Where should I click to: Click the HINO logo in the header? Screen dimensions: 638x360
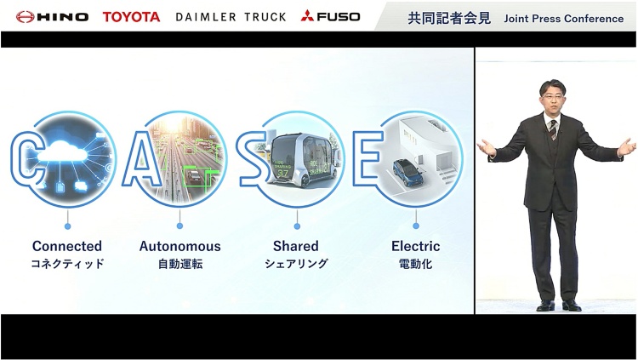[x=52, y=17]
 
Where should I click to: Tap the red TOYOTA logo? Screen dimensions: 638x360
[x=131, y=17]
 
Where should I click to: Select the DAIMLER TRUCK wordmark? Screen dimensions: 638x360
[x=231, y=17]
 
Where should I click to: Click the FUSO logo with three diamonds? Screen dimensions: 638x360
[x=330, y=16]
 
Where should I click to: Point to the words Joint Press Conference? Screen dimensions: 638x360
[x=563, y=19]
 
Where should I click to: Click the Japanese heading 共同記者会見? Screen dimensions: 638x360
[x=449, y=19]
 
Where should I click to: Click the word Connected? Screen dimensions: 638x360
[x=67, y=246]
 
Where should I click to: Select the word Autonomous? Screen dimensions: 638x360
[x=179, y=246]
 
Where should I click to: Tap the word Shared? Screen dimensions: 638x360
[x=296, y=246]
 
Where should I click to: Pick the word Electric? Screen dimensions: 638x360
[x=415, y=246]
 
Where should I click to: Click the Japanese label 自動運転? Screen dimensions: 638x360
[x=180, y=264]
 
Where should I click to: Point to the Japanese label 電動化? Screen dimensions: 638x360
[x=415, y=264]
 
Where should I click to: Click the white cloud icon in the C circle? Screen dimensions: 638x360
[x=62, y=151]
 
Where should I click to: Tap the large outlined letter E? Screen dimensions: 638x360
[x=367, y=157]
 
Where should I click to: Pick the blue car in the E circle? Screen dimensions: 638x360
[x=407, y=172]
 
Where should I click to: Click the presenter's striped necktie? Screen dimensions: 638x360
[x=553, y=129]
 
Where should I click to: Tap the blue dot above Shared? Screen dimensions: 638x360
[x=297, y=226]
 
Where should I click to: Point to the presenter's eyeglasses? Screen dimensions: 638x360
[x=553, y=95]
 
